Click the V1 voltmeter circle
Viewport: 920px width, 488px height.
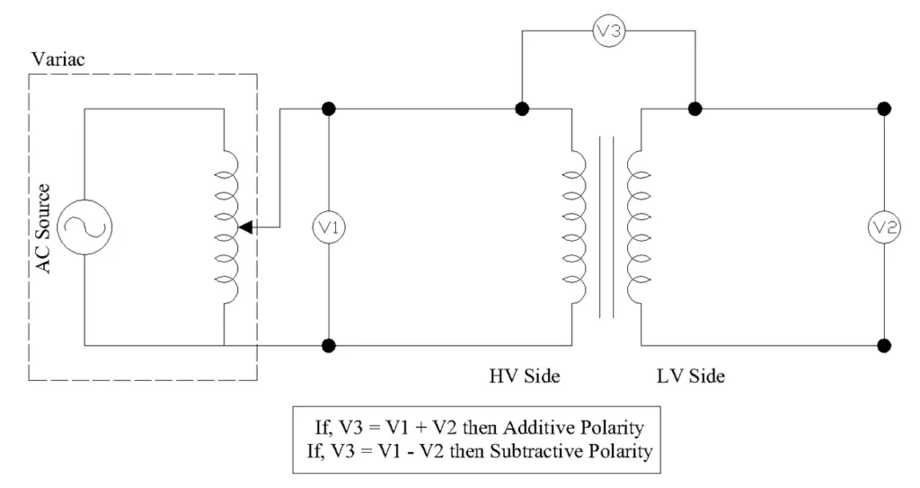[330, 226]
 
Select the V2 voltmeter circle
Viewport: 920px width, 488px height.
[884, 226]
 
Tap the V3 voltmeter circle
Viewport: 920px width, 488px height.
[608, 31]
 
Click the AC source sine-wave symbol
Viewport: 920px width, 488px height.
[84, 226]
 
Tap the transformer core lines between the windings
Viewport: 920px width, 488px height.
[606, 226]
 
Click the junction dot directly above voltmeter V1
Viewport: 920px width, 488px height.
[330, 110]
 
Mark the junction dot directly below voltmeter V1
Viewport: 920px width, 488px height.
[330, 344]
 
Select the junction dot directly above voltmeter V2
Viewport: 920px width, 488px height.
[884, 110]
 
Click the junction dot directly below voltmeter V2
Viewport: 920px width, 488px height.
[884, 344]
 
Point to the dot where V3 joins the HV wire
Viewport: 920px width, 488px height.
[520, 110]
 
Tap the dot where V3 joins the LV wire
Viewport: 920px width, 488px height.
[694, 110]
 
